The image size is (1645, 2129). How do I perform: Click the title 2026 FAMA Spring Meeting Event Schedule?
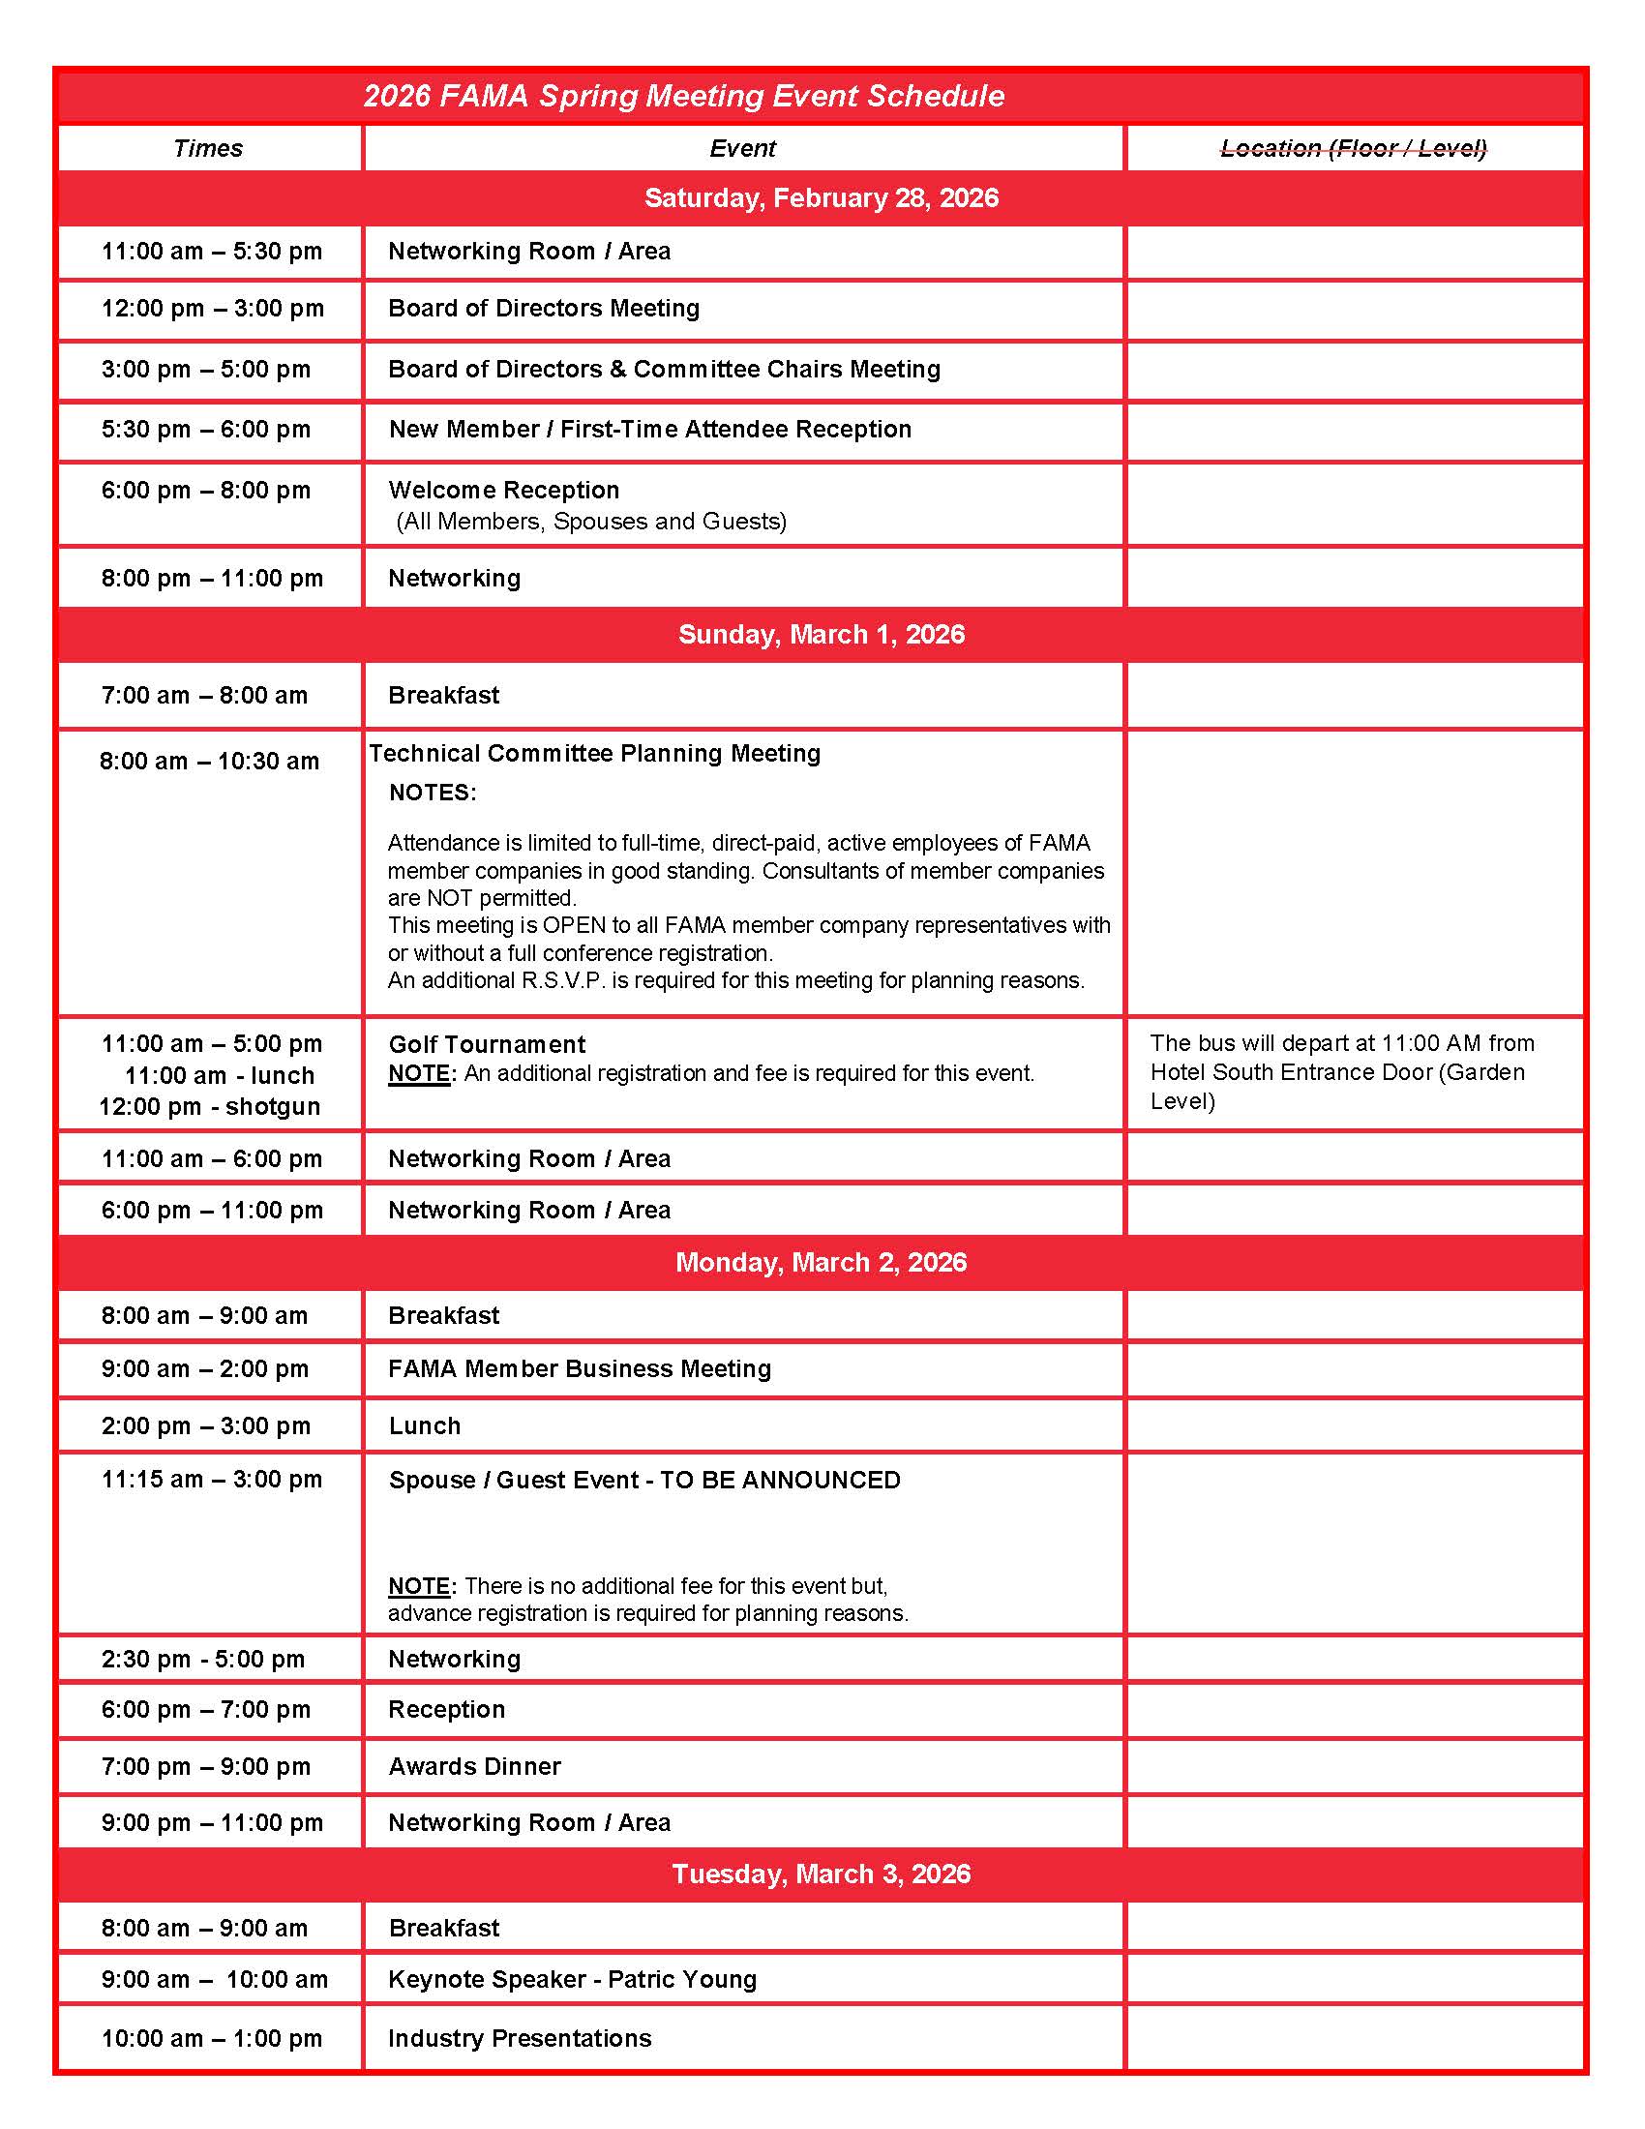coord(683,96)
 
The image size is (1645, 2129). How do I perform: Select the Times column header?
coord(208,148)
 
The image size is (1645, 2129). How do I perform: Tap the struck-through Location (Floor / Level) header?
coord(1354,148)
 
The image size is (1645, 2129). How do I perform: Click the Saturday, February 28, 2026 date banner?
coord(822,197)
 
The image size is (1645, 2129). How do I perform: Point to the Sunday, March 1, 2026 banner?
coord(822,635)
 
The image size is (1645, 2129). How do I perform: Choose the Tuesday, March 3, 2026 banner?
coord(822,1874)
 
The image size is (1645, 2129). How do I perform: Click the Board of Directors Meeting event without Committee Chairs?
coord(544,308)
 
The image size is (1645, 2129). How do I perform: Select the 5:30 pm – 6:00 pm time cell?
coord(205,429)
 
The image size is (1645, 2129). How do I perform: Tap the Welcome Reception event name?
coord(504,490)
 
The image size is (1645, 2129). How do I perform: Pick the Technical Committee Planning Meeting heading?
coord(594,753)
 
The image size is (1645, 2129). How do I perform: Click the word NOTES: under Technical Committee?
coord(433,793)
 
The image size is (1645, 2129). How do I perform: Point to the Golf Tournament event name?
coord(488,1044)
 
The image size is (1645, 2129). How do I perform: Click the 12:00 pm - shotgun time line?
coord(210,1106)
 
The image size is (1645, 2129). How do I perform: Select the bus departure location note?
coord(1341,1071)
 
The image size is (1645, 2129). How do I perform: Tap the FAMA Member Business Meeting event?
coord(580,1368)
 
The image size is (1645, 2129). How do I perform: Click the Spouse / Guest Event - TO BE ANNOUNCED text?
coord(644,1480)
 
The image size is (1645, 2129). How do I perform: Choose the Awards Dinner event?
coord(474,1766)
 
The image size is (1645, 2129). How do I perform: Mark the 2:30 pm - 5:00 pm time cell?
coord(202,1659)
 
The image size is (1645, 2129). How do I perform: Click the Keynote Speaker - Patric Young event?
coord(572,1979)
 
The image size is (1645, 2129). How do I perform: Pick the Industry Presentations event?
coord(520,2038)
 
